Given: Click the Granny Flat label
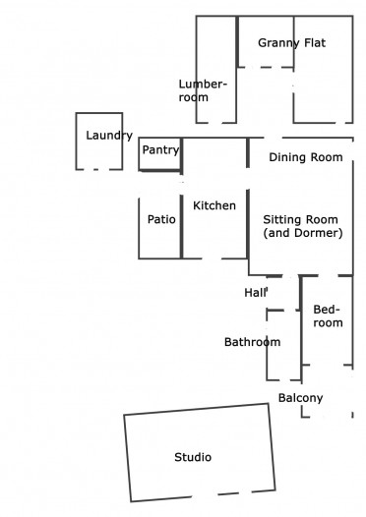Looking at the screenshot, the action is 292,43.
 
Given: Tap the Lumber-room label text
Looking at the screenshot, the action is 203,90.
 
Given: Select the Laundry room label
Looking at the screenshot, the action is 109,136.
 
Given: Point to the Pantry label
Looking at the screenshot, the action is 160,150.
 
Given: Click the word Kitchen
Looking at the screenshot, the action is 214,205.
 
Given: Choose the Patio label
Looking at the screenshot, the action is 161,219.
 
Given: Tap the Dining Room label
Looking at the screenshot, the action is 306,157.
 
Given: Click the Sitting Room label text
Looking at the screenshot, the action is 301,219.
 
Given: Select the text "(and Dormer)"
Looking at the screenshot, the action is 303,233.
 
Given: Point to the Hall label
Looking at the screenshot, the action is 256,293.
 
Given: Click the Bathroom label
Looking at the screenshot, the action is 253,342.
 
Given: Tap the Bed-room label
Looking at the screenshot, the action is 328,316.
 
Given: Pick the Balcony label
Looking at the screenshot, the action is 301,398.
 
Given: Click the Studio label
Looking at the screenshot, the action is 193,457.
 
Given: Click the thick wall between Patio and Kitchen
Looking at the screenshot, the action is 181,226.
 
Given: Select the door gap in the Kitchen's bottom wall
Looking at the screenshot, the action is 211,258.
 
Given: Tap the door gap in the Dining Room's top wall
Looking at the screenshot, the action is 273,138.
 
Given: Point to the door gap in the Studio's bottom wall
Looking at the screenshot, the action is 205,496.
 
